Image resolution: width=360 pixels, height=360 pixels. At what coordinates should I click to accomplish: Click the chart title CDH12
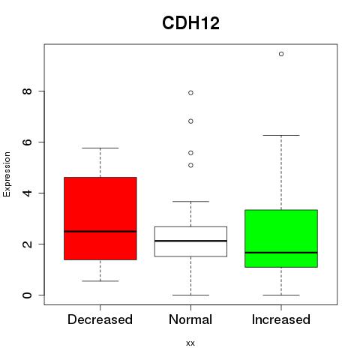point(190,23)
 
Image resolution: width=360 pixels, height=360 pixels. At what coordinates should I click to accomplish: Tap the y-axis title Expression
point(7,174)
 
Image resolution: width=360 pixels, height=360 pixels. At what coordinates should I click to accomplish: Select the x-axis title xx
point(190,343)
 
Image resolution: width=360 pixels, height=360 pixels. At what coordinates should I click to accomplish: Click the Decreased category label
point(100,319)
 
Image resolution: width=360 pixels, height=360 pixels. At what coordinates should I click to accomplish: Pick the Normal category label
point(190,319)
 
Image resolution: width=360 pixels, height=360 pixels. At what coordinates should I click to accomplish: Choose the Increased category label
point(281,319)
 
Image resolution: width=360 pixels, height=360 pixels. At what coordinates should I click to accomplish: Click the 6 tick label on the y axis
point(27,142)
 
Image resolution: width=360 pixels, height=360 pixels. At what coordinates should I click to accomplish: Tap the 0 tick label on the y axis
point(27,295)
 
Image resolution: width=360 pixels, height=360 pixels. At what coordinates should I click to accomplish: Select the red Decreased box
point(100,218)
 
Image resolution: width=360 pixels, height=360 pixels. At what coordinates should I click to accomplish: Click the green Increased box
point(281,238)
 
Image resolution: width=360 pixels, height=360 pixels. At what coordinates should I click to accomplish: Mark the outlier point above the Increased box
point(281,54)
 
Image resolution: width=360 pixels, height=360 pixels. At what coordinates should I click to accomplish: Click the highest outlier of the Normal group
point(190,93)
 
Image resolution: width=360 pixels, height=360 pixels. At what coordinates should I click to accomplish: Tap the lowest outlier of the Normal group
point(190,165)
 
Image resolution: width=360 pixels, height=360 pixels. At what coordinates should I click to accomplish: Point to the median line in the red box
point(100,232)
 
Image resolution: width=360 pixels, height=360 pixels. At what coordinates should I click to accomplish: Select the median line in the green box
point(281,253)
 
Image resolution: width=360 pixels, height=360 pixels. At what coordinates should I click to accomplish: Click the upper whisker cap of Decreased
point(100,148)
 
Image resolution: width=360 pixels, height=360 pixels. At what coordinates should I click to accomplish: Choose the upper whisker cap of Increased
point(281,135)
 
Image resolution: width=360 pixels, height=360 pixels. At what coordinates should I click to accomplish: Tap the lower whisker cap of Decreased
point(100,281)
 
